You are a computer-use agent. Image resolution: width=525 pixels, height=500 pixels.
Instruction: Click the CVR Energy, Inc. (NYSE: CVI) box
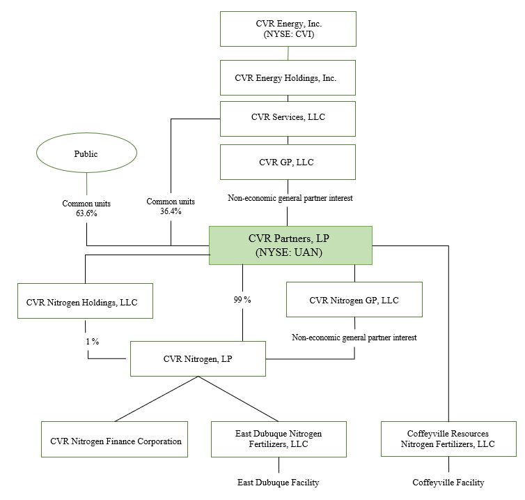(x=288, y=29)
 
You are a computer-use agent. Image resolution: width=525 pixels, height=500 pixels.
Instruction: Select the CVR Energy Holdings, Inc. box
(x=288, y=77)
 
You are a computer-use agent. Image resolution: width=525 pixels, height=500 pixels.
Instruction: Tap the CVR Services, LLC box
(x=288, y=118)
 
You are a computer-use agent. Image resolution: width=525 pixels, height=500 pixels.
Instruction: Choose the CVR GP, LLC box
(x=288, y=162)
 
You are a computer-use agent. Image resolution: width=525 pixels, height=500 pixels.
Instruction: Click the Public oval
(x=86, y=154)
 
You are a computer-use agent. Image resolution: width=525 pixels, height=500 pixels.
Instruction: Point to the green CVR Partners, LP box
(x=290, y=245)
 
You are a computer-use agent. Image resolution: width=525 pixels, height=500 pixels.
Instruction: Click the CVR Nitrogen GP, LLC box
(x=354, y=300)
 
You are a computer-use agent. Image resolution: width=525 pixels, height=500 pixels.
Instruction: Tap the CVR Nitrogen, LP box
(x=198, y=359)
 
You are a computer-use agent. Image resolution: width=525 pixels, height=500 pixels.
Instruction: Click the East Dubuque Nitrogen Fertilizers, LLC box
(x=279, y=439)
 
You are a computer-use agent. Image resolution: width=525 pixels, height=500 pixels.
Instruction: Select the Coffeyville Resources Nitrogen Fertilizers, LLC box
(x=448, y=439)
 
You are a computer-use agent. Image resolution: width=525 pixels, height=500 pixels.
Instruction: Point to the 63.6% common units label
(x=86, y=208)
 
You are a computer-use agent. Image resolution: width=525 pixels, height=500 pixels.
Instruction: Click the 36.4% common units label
(x=171, y=206)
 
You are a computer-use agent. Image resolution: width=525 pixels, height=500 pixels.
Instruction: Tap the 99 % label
(x=242, y=300)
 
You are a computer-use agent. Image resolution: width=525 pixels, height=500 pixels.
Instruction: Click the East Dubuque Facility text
(x=279, y=483)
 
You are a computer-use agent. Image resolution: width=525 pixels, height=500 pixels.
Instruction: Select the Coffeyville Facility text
(x=448, y=483)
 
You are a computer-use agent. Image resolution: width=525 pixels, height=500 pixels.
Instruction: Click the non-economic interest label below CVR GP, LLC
(x=290, y=199)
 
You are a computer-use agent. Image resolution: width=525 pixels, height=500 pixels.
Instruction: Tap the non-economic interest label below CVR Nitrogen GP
(x=354, y=338)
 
